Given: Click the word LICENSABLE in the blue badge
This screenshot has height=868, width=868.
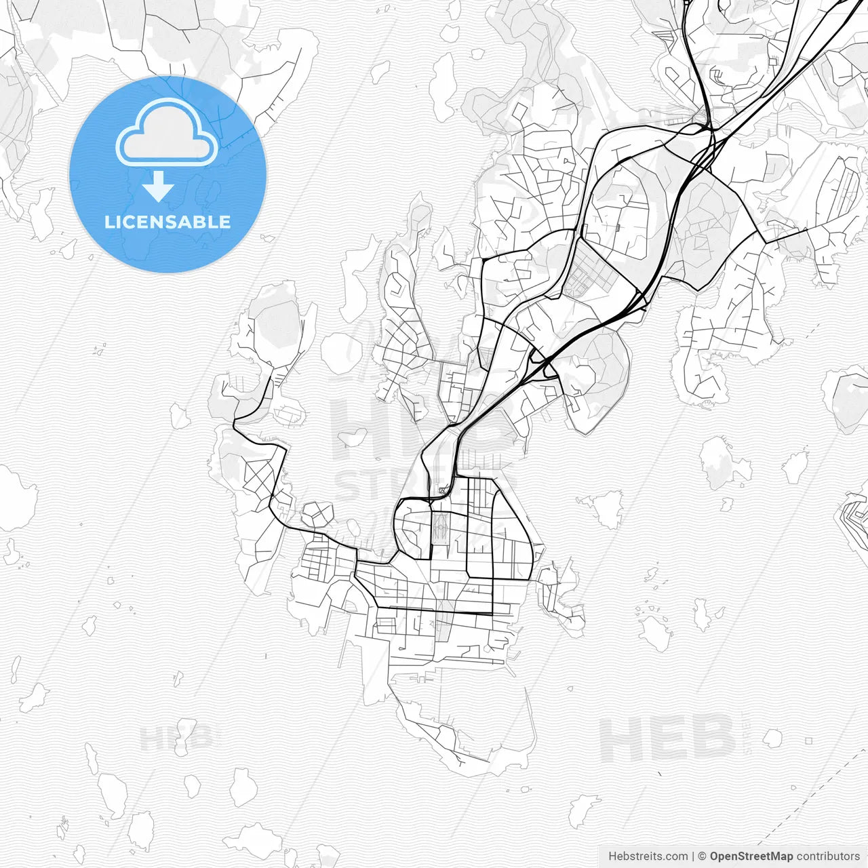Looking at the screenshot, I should [167, 222].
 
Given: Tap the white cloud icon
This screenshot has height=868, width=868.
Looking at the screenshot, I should [167, 133].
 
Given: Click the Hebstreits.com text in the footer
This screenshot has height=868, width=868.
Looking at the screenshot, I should [648, 856].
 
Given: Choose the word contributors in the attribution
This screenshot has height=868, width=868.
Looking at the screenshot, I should [827, 856].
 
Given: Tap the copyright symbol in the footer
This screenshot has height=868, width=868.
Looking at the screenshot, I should [702, 856].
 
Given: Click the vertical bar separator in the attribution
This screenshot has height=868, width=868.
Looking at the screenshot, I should [693, 856].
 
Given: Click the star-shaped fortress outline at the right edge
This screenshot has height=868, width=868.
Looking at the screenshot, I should [854, 519].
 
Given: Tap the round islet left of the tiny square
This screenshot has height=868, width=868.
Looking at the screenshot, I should [772, 737].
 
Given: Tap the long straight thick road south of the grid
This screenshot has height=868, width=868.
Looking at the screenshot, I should [434, 613].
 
